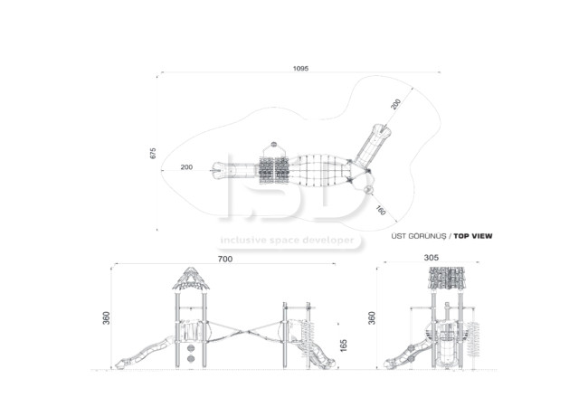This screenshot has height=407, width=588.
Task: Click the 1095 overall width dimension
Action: click(x=300, y=69)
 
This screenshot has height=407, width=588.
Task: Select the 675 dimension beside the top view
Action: click(x=153, y=153)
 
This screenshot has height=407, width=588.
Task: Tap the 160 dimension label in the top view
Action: click(x=381, y=211)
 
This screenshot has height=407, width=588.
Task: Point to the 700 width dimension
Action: click(x=225, y=259)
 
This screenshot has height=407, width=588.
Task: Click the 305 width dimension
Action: click(x=432, y=258)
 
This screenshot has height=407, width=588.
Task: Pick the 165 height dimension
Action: click(x=344, y=345)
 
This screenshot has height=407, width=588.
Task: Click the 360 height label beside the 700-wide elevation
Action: click(x=107, y=317)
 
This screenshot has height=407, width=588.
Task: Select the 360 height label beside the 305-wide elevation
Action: click(x=372, y=317)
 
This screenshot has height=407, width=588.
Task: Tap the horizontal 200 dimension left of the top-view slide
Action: click(x=186, y=167)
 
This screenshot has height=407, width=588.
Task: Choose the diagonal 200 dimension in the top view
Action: click(x=395, y=104)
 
